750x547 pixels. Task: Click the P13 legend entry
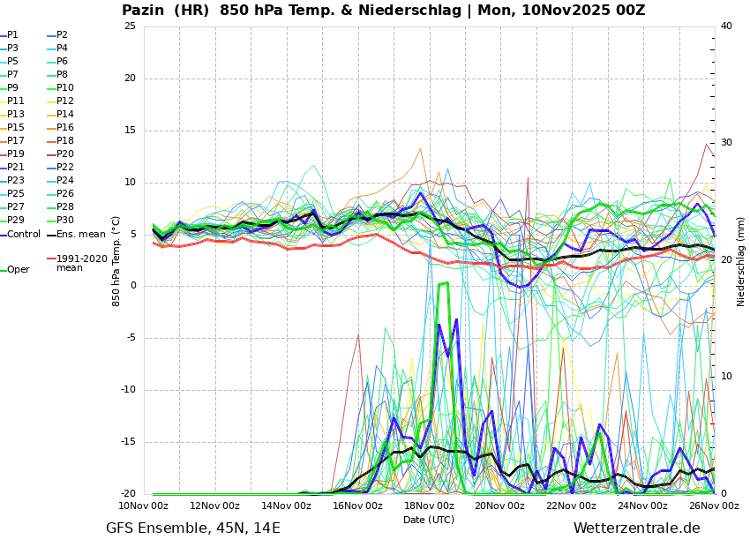tap(16, 115)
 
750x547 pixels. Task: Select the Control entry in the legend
tap(24, 235)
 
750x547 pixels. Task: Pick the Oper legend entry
tap(18, 270)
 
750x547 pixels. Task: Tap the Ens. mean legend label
tap(80, 235)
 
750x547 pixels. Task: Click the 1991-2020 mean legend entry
tap(81, 263)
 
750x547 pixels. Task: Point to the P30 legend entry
tap(65, 221)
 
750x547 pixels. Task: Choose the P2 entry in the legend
tap(62, 35)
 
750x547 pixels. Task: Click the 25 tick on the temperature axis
tap(130, 26)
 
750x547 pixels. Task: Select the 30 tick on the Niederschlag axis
tap(726, 143)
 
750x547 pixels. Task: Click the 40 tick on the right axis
tap(726, 26)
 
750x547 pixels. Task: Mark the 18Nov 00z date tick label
tap(429, 506)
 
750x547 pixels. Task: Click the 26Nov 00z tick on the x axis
tap(714, 506)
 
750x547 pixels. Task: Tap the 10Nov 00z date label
tap(143, 506)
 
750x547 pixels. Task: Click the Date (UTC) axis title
tap(429, 520)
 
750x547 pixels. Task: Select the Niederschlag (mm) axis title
tap(741, 261)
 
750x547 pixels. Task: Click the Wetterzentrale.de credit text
tap(636, 528)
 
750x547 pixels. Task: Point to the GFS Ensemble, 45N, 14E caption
tap(193, 528)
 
